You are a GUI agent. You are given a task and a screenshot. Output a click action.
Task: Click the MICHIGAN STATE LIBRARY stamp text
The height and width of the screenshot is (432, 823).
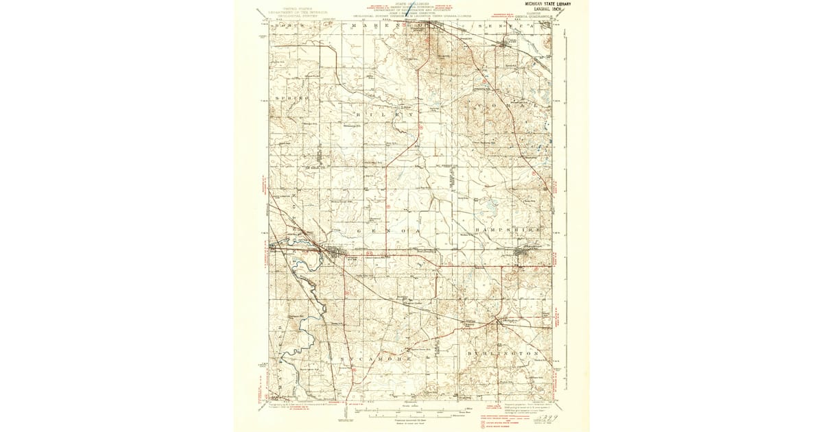click(x=547, y=3)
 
